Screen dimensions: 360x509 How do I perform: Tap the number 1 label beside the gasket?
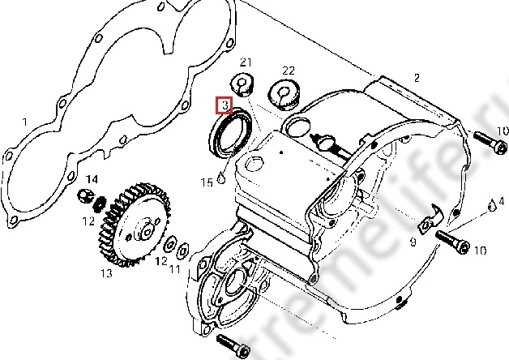24,122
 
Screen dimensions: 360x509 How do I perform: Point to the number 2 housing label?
417,78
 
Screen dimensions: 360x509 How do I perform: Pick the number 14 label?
92,178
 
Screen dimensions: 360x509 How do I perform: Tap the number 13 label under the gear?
106,273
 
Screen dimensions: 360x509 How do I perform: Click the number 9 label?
412,242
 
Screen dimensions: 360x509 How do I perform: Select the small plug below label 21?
242,83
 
